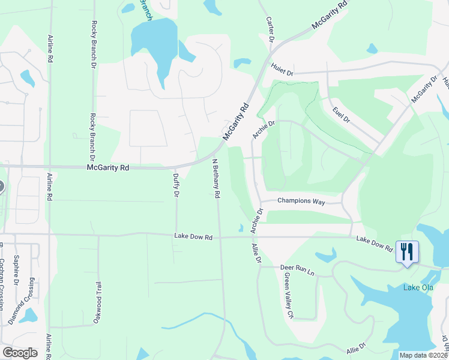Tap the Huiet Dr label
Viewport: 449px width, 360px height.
[281, 71]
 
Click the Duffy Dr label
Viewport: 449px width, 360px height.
[176, 185]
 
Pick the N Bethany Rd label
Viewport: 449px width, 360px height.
[216, 178]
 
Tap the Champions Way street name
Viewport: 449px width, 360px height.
[301, 202]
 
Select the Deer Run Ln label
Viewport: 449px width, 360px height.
[297, 269]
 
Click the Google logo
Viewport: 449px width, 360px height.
[20, 352]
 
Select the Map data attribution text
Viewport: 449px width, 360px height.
[424, 355]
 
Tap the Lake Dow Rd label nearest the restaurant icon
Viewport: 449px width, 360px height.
[373, 243]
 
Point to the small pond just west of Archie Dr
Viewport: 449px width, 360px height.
[241, 228]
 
